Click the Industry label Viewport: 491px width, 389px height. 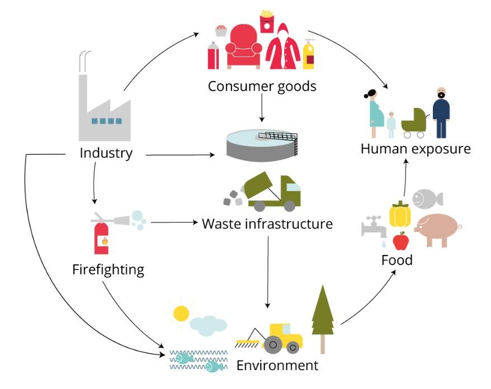pyautogui.click(x=106, y=153)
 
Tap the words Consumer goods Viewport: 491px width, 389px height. pyautogui.click(x=262, y=87)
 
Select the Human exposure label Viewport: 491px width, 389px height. pyautogui.click(x=416, y=149)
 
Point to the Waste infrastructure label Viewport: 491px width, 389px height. pyautogui.click(x=267, y=224)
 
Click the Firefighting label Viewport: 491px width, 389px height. pyautogui.click(x=108, y=270)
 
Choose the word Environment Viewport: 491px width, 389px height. pyautogui.click(x=277, y=366)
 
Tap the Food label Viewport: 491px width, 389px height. pyautogui.click(x=396, y=260)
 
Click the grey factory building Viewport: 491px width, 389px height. pyautogui.click(x=103, y=109)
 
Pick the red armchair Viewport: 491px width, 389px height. pyautogui.click(x=243, y=48)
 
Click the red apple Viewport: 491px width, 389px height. pyautogui.click(x=400, y=241)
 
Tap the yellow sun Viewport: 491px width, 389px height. pyautogui.click(x=181, y=313)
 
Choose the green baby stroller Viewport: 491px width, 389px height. pyautogui.click(x=414, y=122)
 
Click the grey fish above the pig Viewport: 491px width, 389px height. pyautogui.click(x=427, y=198)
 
